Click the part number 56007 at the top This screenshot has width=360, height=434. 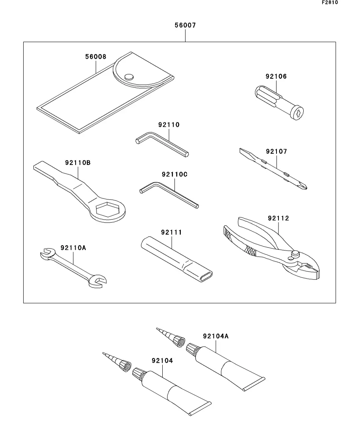tap(185, 26)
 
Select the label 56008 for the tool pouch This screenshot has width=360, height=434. tap(96, 57)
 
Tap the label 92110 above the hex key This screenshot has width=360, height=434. tap(169, 125)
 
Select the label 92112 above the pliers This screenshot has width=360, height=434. tap(278, 218)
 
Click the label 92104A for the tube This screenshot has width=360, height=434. tap(216, 336)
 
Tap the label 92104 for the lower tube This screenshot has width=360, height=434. tap(162, 360)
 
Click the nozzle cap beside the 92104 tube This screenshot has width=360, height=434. tap(125, 366)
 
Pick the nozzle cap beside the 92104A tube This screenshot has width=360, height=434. tap(179, 340)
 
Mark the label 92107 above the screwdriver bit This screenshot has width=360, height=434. tap(276, 151)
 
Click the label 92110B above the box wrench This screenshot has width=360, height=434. tap(78, 162)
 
